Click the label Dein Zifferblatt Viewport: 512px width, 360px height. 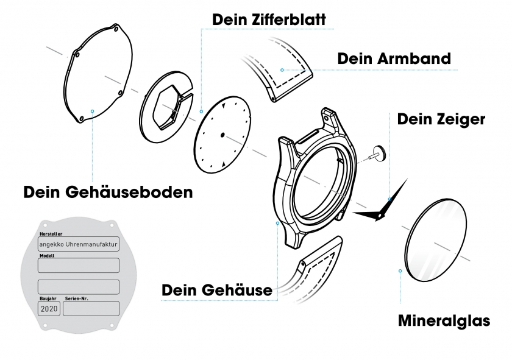(269, 19)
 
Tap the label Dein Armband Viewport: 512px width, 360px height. (394, 58)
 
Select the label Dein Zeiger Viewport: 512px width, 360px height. (441, 119)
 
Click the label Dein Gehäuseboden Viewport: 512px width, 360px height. (108, 192)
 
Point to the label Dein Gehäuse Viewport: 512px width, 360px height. (216, 291)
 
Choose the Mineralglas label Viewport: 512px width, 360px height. (444, 320)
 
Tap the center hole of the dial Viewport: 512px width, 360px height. (222, 134)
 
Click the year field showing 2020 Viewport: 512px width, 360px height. (49, 309)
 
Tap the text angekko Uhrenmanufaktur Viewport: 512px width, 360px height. (79, 244)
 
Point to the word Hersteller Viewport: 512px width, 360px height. (50, 234)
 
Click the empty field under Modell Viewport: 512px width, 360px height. (79, 266)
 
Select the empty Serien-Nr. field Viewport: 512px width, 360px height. (91, 309)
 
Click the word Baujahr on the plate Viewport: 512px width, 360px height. (48, 298)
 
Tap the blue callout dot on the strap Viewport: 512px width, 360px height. (282, 70)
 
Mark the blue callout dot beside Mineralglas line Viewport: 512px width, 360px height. (400, 270)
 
